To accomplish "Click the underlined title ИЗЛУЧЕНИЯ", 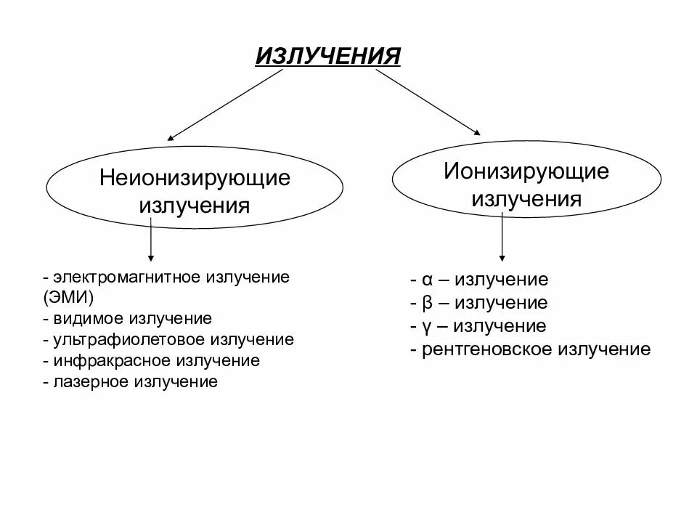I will (328, 57).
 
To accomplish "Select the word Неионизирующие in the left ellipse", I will (195, 178).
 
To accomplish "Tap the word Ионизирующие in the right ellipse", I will (526, 172).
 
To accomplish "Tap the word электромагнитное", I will (129, 277).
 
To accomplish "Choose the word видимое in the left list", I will (88, 318).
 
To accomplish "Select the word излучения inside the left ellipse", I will (195, 206).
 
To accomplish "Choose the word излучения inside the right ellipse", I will (526, 199).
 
